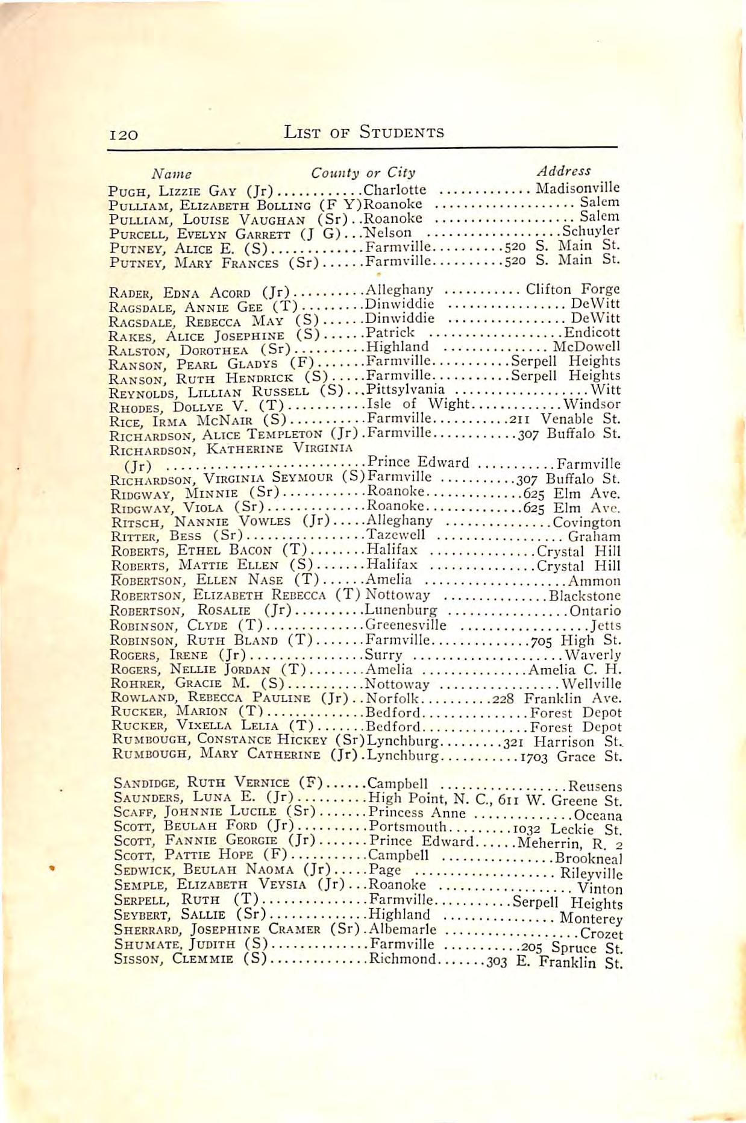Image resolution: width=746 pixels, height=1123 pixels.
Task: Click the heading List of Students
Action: (x=364, y=132)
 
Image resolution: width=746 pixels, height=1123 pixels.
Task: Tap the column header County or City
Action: (x=363, y=173)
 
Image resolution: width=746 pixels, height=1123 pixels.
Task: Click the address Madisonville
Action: (x=577, y=187)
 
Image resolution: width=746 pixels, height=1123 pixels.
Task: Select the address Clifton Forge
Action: (x=572, y=289)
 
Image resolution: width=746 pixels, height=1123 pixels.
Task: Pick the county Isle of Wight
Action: (x=417, y=404)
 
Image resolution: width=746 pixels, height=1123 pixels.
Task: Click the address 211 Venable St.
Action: (x=565, y=418)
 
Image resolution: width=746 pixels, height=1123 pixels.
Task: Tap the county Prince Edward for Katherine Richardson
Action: (x=418, y=462)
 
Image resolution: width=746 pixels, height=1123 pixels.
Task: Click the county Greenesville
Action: (x=406, y=624)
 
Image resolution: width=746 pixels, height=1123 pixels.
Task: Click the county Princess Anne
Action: (x=416, y=813)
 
